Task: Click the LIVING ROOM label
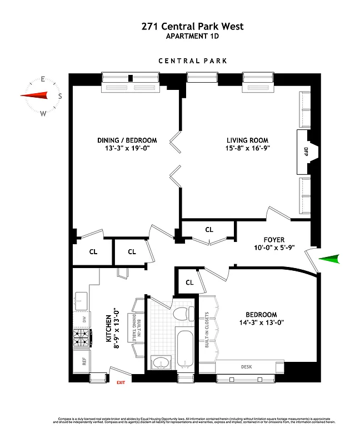tap(247, 140)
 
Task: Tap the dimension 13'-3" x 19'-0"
tap(127, 149)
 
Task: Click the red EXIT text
tap(121, 382)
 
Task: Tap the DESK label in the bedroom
tap(246, 367)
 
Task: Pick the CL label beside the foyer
tap(209, 229)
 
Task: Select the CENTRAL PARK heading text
tap(192, 61)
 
